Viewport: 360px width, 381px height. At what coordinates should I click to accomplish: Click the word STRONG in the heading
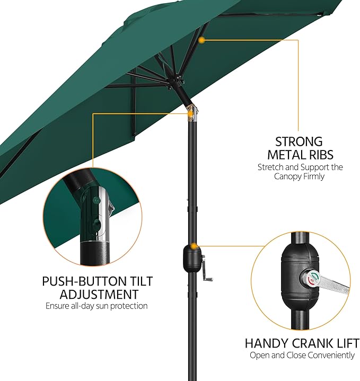click(x=298, y=141)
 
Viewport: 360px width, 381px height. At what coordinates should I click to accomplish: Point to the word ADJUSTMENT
click(x=99, y=294)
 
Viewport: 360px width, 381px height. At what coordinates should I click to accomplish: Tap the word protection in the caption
click(x=129, y=306)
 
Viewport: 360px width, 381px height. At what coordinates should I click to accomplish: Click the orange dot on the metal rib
click(x=201, y=40)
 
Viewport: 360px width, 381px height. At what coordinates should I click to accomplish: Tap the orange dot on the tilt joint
click(x=190, y=113)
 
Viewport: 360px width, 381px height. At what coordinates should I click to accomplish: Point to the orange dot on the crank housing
click(x=194, y=246)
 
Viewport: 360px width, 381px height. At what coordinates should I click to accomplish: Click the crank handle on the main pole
click(x=206, y=269)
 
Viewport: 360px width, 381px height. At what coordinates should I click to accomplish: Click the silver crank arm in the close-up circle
click(x=333, y=286)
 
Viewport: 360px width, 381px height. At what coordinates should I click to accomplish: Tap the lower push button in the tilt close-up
click(x=97, y=224)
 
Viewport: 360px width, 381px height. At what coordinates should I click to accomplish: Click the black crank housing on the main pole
click(x=192, y=259)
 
